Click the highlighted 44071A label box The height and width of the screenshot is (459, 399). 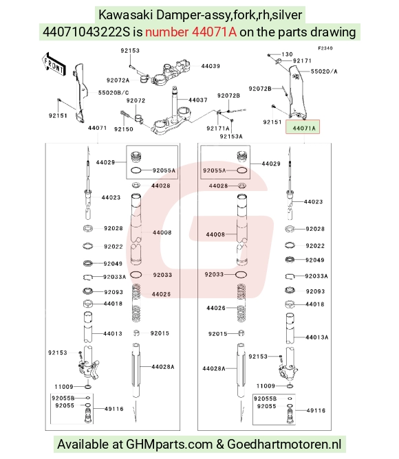303,126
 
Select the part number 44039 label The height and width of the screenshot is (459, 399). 211,66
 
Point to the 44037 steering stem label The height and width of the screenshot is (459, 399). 198,100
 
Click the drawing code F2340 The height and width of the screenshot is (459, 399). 325,48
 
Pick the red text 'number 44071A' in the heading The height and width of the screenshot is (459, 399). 191,32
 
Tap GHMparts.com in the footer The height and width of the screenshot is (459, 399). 169,444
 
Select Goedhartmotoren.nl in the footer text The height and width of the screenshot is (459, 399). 284,444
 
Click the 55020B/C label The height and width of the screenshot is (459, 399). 114,93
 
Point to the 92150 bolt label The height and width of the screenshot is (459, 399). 124,129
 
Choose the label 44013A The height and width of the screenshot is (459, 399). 317,337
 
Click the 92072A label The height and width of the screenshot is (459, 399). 118,80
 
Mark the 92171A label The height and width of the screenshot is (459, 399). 218,128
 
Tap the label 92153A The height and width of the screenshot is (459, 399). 231,137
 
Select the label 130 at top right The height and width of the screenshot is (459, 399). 287,54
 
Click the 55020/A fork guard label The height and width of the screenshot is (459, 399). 324,71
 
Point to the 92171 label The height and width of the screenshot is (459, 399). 302,60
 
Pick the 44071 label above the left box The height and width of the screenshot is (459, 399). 97,128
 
